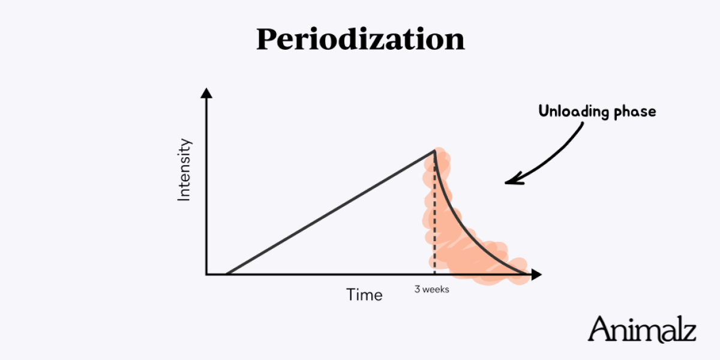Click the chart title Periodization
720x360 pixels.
click(360, 39)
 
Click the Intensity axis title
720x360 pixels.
click(184, 170)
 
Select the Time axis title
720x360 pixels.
click(364, 295)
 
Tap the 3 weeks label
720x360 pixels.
click(431, 289)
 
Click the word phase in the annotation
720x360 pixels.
click(634, 112)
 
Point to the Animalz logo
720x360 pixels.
click(642, 329)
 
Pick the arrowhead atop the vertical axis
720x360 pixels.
click(206, 93)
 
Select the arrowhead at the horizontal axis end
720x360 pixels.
click(536, 275)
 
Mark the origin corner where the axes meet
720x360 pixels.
click(206, 275)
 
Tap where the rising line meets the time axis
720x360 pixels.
click(226, 274)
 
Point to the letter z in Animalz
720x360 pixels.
click(689, 332)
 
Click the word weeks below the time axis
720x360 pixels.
click(436, 289)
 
